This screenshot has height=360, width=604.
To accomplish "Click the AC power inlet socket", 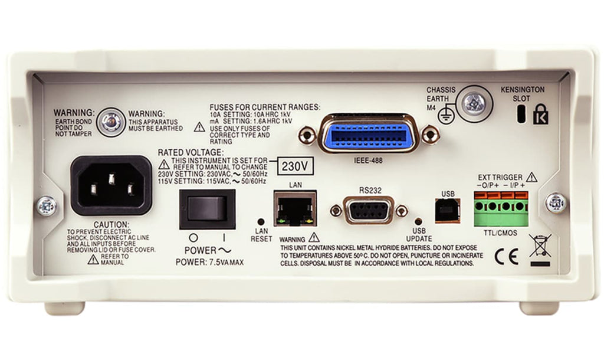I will pyautogui.click(x=111, y=185).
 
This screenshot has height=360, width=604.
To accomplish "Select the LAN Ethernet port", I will pyautogui.click(x=295, y=208).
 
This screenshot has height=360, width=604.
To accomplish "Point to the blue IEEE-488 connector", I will pyautogui.click(x=369, y=135).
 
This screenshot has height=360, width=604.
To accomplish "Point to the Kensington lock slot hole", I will pyautogui.click(x=521, y=114).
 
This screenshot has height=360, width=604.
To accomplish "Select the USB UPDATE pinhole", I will pyautogui.click(x=419, y=220).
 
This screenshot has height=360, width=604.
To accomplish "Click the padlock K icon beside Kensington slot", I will pyautogui.click(x=539, y=113).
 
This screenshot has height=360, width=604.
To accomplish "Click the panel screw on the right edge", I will pyautogui.click(x=556, y=203).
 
